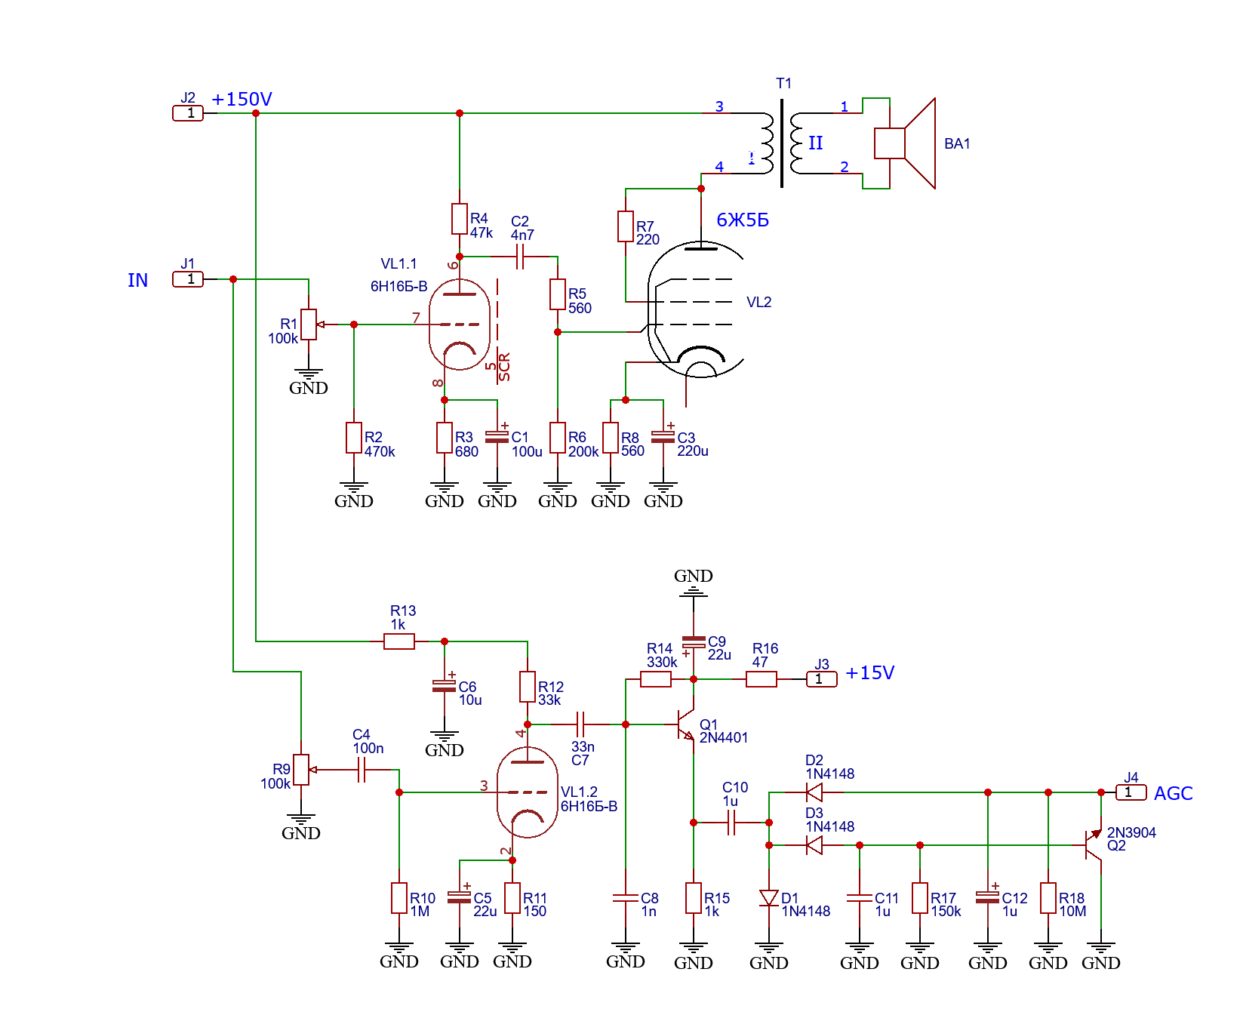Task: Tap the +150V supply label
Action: click(x=242, y=100)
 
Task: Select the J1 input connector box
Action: click(x=188, y=279)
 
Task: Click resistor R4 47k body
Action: click(x=460, y=219)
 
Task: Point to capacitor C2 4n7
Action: click(x=520, y=257)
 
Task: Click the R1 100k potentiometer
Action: click(x=309, y=325)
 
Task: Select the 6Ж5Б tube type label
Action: click(x=743, y=220)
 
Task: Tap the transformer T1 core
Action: click(x=782, y=143)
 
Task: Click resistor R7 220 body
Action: click(x=626, y=226)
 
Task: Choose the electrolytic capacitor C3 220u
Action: click(x=663, y=437)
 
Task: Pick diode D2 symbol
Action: click(x=814, y=792)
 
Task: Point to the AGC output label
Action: click(x=1173, y=794)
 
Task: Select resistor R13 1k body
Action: click(x=399, y=641)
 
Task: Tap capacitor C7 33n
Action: click(x=580, y=724)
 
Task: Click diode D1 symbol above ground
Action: click(x=769, y=898)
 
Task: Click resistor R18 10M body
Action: click(x=1048, y=898)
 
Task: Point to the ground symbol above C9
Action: click(x=694, y=590)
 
